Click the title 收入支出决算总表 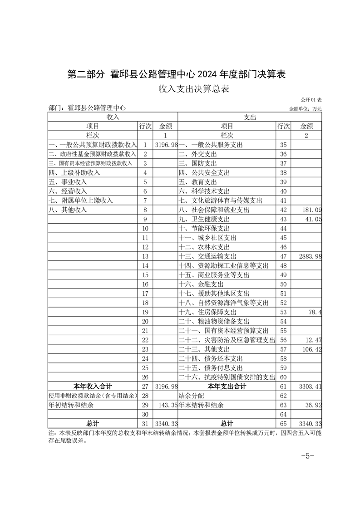(193, 89)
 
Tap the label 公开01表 (311, 99)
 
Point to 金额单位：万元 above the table (305, 109)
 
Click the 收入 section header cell (113, 117)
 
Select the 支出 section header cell (250, 117)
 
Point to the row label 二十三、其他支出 (204, 349)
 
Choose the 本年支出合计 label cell (227, 387)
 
